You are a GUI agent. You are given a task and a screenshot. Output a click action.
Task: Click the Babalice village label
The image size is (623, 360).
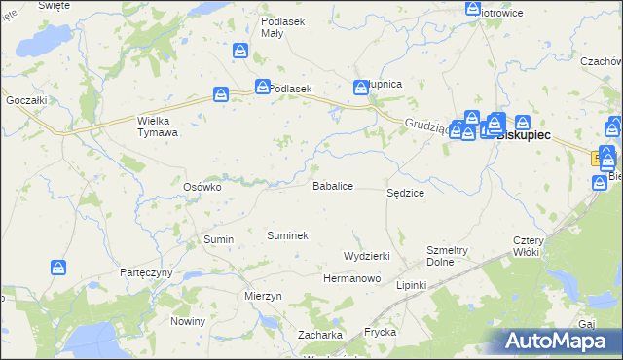pos(332,185)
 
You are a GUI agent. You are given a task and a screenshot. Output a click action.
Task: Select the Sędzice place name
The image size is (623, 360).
pos(405,194)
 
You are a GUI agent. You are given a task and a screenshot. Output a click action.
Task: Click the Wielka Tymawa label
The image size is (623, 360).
pos(157,126)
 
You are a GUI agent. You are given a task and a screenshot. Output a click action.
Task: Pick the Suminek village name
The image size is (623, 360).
pos(287,235)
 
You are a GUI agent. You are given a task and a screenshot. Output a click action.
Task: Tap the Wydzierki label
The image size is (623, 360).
pos(367,256)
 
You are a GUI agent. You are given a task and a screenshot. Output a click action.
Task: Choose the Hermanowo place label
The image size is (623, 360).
pos(351,278)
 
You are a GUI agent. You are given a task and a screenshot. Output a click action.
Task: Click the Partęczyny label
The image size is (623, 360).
pos(145,273)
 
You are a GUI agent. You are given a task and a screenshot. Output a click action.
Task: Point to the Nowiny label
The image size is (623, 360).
pos(188,321)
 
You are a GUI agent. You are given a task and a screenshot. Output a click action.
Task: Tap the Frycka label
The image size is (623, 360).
pos(380,332)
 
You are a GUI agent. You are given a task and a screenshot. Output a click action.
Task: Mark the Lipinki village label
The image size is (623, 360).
pos(412,285)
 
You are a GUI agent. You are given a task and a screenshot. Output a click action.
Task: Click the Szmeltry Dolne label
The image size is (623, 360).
pos(448,256)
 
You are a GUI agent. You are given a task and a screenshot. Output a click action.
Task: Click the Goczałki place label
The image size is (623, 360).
pos(26,100)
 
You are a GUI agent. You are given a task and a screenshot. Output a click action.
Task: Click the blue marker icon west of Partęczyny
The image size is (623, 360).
pos(59,267)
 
